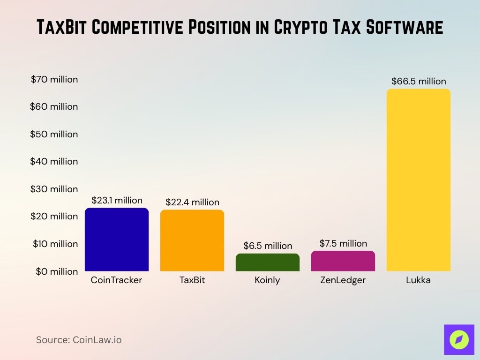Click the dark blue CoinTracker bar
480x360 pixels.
point(117,240)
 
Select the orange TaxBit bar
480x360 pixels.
point(192,240)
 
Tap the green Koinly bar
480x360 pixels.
point(268,262)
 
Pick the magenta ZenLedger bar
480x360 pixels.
point(343,261)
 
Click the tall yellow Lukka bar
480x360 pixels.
point(419,180)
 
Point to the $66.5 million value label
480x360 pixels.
point(419,81)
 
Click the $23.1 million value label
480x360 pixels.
point(117,200)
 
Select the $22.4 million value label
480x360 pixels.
point(192,202)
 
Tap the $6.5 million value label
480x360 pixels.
point(268,246)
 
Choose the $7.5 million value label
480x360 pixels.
point(343,243)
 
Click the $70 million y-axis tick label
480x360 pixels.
point(54,79)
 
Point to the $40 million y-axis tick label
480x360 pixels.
point(54,161)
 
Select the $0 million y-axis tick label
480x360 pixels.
point(57,271)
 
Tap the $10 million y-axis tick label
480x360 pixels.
point(55,244)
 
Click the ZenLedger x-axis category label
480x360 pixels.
point(343,280)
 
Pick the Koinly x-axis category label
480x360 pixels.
point(268,280)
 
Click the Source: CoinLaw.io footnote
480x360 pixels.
point(79,340)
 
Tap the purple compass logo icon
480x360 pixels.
point(459,339)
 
